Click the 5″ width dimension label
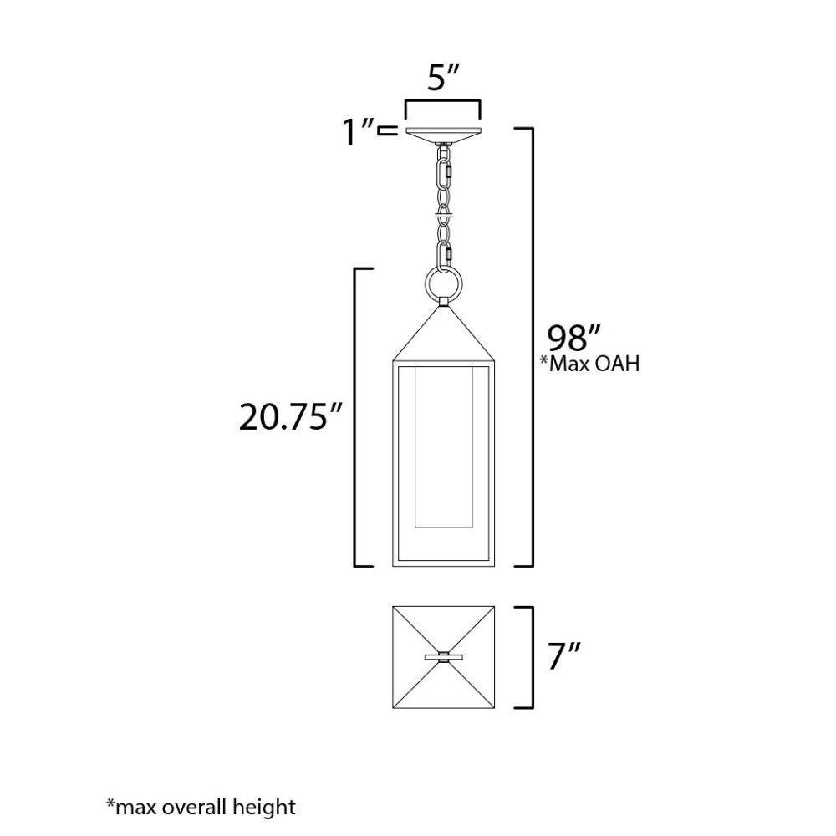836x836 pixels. [442, 78]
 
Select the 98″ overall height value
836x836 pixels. [574, 338]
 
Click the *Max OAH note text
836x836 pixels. [589, 364]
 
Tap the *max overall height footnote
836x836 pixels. [201, 807]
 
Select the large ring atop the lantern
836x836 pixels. [443, 283]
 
